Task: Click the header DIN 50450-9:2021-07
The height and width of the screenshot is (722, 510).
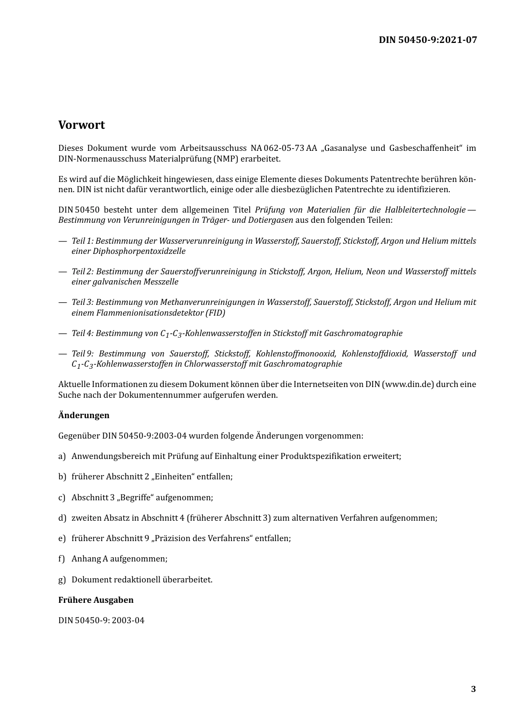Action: (x=427, y=40)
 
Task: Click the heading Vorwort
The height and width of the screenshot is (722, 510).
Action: (x=82, y=125)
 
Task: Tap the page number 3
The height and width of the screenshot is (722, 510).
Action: (x=473, y=689)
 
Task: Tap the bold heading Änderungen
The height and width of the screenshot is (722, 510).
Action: (x=84, y=415)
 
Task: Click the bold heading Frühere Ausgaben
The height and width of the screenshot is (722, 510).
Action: (x=96, y=600)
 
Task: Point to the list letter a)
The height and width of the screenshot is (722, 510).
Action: (x=62, y=456)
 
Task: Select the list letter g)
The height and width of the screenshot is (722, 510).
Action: (x=62, y=580)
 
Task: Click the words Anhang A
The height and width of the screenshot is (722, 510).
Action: (x=90, y=559)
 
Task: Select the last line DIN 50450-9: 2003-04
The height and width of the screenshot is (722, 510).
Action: (x=101, y=621)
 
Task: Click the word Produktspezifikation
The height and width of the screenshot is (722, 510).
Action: (x=320, y=456)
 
